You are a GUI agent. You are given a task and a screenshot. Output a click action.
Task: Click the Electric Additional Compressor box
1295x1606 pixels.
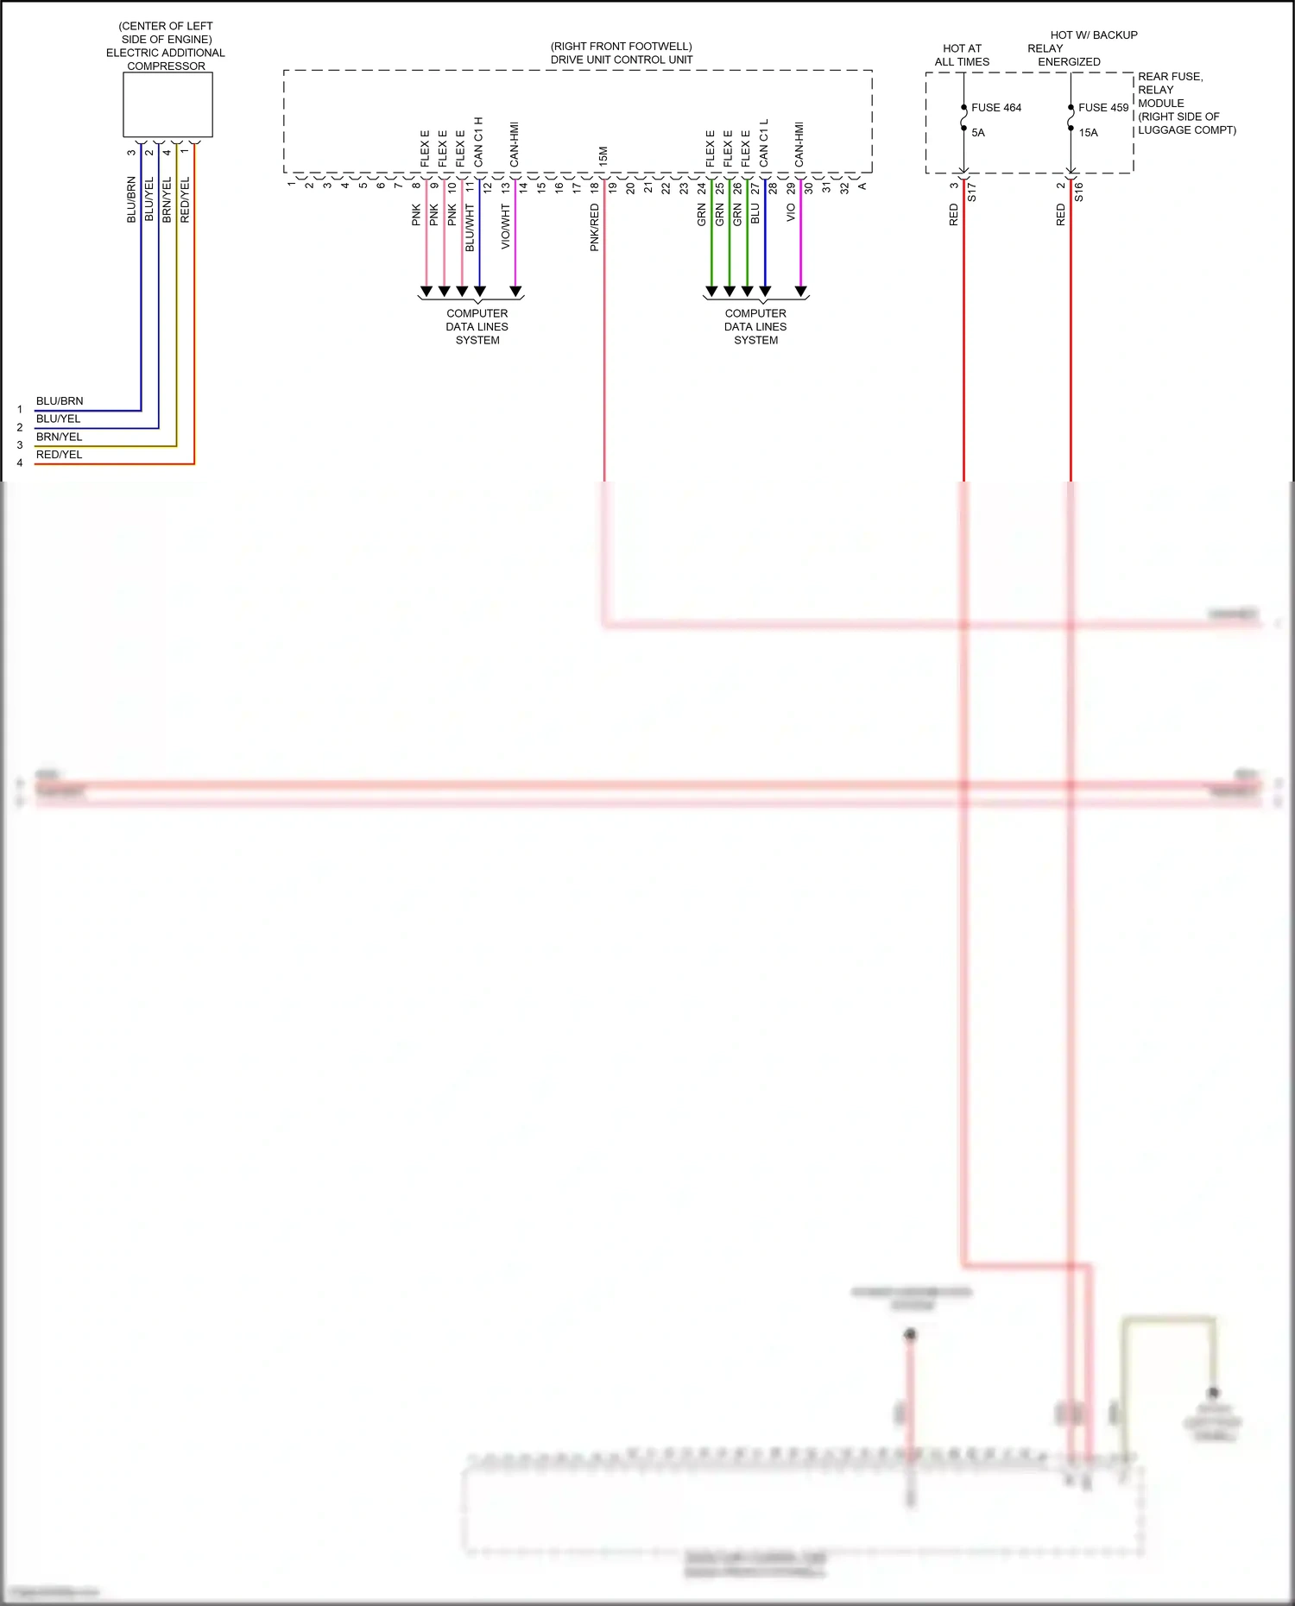point(167,104)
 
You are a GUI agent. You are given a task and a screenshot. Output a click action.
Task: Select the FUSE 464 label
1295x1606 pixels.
point(995,108)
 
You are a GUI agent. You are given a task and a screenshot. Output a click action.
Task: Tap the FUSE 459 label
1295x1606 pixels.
point(1102,108)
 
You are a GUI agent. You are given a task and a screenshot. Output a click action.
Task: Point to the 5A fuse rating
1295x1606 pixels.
point(977,133)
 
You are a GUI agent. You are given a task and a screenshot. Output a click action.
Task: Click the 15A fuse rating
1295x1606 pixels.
point(1088,133)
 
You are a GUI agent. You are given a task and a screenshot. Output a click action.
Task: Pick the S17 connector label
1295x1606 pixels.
point(972,192)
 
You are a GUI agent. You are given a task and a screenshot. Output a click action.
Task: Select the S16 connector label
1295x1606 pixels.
point(1079,192)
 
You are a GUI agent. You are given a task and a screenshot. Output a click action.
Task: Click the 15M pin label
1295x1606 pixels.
point(603,156)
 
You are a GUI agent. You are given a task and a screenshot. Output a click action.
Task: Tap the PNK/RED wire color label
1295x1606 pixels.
point(595,228)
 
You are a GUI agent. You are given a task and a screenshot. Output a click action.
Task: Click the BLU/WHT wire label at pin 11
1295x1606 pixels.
point(471,228)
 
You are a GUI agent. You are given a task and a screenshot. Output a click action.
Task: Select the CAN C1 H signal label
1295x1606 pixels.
point(478,142)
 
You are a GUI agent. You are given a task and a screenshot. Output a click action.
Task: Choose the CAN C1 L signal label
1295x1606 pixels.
point(764,143)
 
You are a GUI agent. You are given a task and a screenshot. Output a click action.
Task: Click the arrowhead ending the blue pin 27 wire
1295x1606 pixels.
point(765,292)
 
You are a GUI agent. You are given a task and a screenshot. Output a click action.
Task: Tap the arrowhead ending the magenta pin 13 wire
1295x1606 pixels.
point(515,292)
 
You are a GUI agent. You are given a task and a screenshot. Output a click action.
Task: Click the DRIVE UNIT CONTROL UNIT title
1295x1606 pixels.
point(622,60)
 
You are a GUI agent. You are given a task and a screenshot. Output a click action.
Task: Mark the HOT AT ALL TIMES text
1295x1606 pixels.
point(962,55)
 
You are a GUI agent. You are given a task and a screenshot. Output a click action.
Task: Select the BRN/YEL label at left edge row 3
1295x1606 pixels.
point(59,437)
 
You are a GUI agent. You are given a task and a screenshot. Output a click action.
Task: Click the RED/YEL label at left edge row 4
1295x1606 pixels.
point(59,455)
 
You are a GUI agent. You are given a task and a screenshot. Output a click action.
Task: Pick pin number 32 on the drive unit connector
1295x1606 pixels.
point(844,186)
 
